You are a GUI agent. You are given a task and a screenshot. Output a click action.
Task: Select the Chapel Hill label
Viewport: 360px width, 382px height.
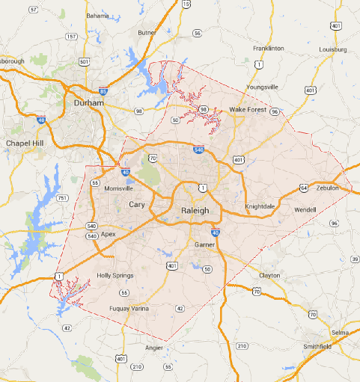[x=25, y=143]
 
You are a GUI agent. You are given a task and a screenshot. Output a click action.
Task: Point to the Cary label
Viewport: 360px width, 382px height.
[x=137, y=204]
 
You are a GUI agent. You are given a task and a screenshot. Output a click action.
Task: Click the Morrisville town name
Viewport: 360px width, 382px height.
[x=118, y=188]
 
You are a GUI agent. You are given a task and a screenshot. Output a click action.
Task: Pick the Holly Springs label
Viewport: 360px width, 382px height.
[x=115, y=276]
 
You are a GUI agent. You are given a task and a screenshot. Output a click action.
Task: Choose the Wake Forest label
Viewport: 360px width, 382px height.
[x=246, y=110]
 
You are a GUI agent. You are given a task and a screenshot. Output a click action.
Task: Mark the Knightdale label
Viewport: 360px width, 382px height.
[x=261, y=206]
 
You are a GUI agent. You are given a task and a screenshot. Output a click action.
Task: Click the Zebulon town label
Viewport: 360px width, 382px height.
[x=327, y=188]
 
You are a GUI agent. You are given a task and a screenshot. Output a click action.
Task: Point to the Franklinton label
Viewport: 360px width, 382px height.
[x=269, y=48]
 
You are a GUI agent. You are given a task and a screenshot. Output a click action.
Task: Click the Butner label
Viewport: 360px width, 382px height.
[x=147, y=33]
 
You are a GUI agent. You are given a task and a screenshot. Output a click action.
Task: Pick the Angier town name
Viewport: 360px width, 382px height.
[x=153, y=348]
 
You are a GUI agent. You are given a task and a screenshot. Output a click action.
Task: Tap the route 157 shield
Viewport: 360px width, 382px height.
[x=72, y=36]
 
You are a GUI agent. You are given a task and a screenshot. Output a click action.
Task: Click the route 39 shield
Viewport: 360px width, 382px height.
[x=354, y=259]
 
